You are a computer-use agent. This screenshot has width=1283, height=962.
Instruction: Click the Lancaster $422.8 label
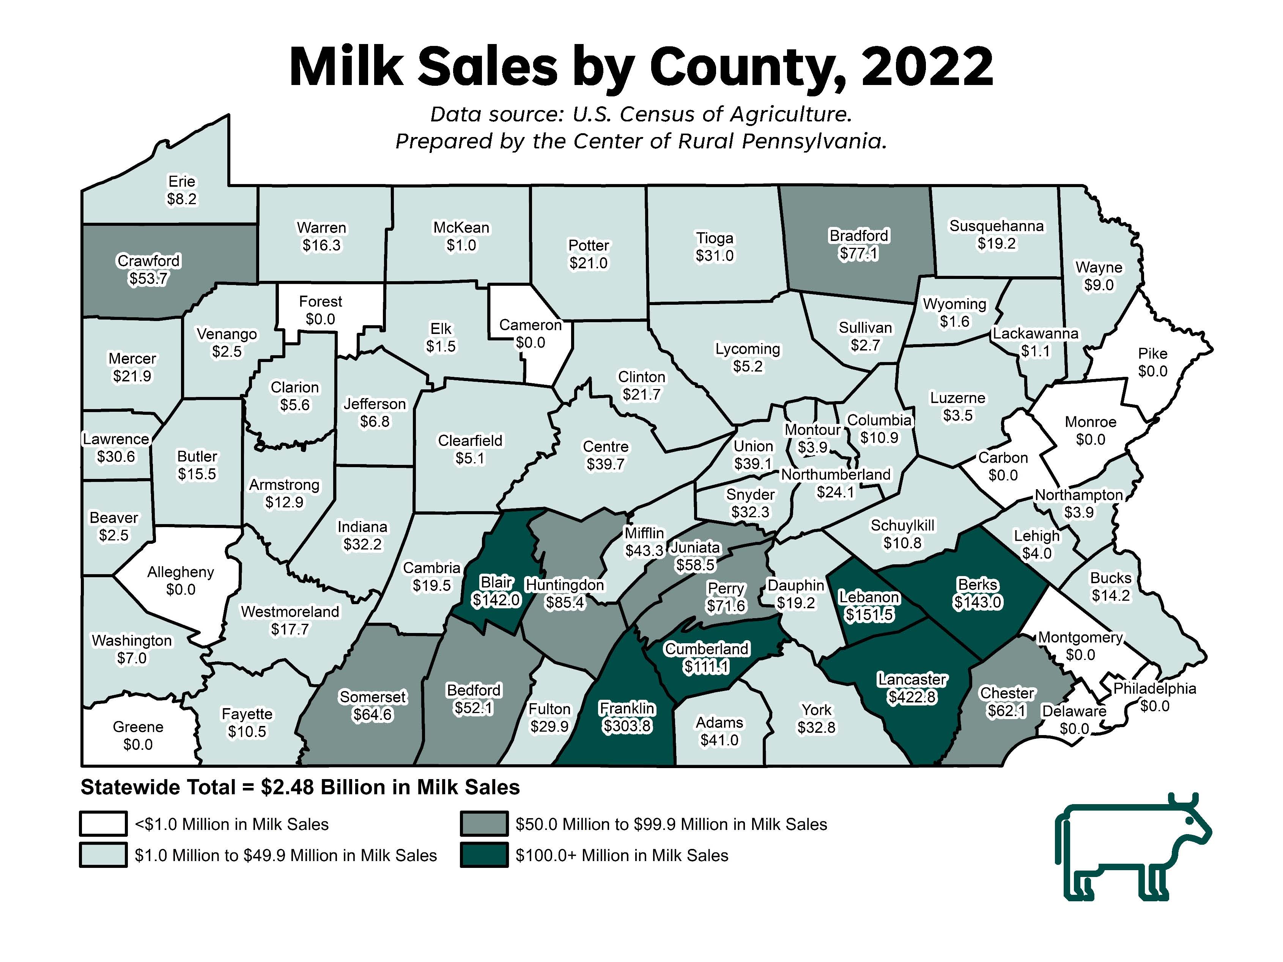point(912,688)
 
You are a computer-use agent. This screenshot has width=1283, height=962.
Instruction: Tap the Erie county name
point(181,181)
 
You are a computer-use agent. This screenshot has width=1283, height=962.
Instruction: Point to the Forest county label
point(320,302)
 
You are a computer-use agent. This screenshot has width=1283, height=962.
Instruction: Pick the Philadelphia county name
point(1154,688)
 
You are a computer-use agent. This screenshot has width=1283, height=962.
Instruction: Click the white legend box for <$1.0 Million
point(103,823)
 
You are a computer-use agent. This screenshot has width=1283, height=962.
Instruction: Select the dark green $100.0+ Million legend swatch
point(484,855)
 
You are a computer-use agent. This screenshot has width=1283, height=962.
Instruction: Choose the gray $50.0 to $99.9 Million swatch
point(484,823)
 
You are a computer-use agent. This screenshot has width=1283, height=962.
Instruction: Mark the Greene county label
point(138,727)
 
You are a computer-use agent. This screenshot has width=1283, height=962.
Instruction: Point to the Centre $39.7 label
point(606,455)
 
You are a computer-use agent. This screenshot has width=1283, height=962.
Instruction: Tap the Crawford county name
point(148,261)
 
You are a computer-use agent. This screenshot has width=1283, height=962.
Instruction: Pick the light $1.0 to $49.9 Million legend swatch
point(103,855)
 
